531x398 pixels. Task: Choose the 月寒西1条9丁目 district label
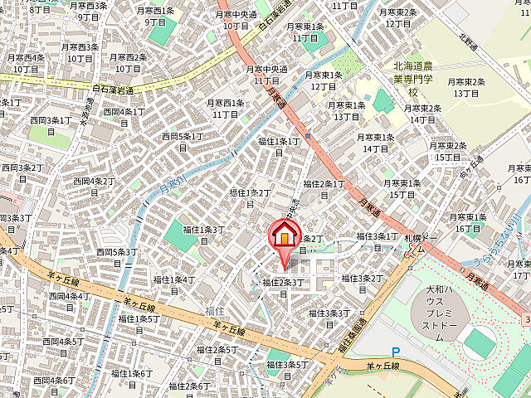(x=156, y=17)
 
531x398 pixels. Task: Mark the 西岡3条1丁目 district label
(x=50, y=126)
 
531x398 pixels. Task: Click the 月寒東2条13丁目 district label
(x=465, y=87)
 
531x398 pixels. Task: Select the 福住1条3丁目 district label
(x=203, y=235)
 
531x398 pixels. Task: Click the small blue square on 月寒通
(x=307, y=136)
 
